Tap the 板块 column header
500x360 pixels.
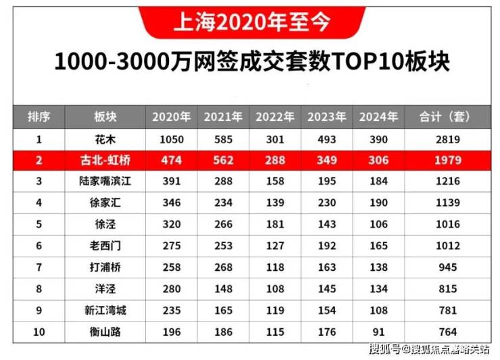coord(105,117)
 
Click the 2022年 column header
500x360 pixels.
coord(275,117)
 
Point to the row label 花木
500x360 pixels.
coord(105,140)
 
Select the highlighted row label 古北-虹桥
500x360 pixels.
coord(105,160)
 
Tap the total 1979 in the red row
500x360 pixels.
coord(448,160)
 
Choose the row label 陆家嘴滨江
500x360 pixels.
coord(105,181)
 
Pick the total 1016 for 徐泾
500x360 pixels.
coord(448,224)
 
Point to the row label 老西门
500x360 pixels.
coord(105,246)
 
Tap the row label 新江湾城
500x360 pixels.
coord(105,311)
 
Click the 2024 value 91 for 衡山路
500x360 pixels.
coord(378,332)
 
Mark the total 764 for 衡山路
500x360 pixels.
coord(448,332)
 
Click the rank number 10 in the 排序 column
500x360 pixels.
coord(39,332)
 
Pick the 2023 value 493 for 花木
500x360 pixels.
coord(327,140)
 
